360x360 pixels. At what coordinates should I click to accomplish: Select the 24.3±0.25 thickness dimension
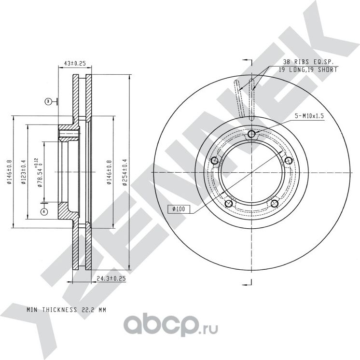(111, 278)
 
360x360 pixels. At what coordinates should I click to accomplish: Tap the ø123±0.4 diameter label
(23, 173)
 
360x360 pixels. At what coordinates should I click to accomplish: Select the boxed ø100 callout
(179, 209)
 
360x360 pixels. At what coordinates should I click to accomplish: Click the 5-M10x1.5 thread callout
(310, 116)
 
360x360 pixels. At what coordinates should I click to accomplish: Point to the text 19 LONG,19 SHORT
(307, 70)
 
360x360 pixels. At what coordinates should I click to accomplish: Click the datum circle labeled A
(44, 211)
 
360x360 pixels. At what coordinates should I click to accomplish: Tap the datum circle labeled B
(48, 101)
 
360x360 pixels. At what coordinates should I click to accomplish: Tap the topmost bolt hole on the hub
(252, 134)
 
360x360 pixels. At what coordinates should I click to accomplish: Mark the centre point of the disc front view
(252, 173)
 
